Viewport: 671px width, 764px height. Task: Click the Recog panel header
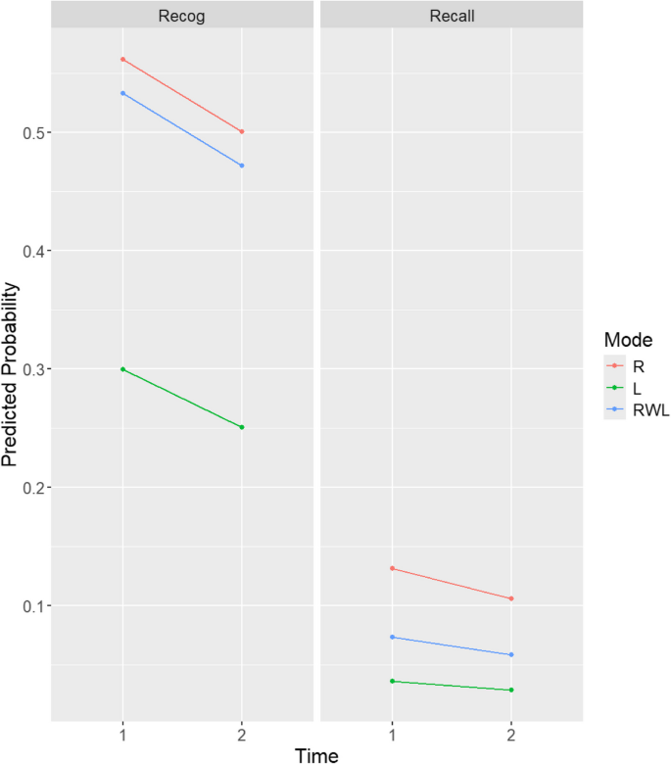tap(182, 15)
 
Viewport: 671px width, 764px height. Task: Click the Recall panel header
tap(452, 15)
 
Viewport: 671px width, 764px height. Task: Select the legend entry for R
tap(638, 365)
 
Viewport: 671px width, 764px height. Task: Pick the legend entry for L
tap(637, 388)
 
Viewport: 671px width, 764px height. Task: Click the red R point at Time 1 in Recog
tap(122, 60)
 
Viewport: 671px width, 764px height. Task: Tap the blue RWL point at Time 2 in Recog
tap(242, 166)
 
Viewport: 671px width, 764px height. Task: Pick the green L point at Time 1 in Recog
tap(122, 369)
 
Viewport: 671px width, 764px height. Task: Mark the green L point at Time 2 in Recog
tap(242, 427)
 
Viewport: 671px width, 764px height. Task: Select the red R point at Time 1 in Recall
tap(392, 568)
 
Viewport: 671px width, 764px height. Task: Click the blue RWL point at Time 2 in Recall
tap(511, 654)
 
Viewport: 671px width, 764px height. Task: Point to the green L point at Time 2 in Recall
tap(511, 690)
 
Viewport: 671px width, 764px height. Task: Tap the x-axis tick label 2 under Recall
tap(511, 734)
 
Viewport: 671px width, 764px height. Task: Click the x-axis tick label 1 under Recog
tap(122, 734)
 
